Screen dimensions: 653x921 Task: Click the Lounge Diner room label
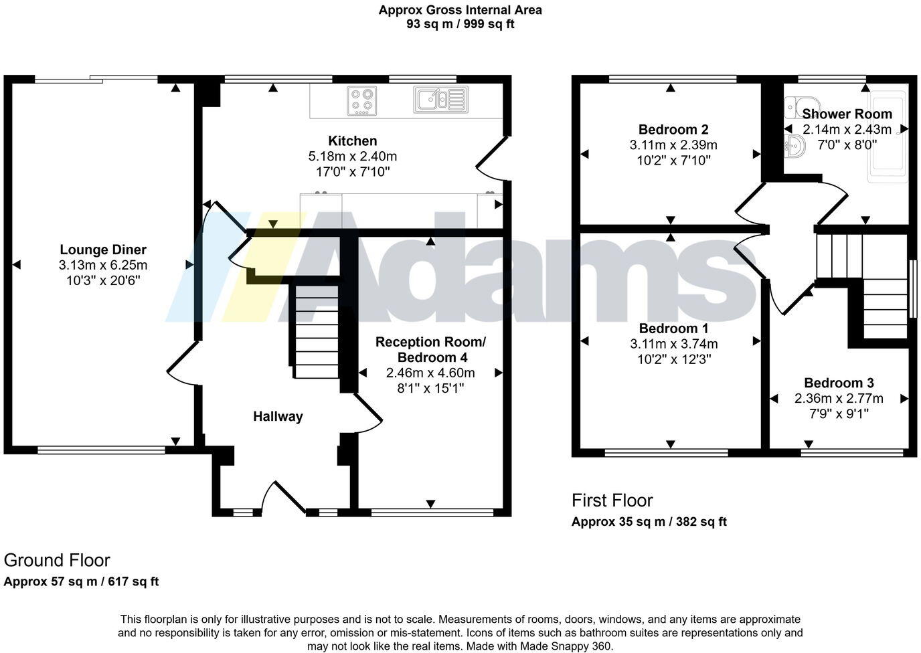(103, 250)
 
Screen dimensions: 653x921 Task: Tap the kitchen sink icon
(440, 99)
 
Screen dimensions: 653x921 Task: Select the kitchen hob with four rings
(361, 100)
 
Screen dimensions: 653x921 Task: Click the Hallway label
(278, 416)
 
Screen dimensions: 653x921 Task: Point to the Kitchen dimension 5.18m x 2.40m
(353, 157)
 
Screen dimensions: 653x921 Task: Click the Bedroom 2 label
(673, 129)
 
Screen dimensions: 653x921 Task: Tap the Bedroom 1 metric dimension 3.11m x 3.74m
(673, 344)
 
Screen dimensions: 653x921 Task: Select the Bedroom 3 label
(839, 383)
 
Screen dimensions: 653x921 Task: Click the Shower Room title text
(847, 114)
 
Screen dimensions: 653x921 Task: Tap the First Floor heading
(612, 500)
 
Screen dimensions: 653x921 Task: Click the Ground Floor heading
(57, 560)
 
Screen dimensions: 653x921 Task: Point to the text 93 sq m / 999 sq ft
(460, 24)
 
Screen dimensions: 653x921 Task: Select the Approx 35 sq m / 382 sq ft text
(649, 522)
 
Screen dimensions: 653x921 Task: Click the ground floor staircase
(317, 333)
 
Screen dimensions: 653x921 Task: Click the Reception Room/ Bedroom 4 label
(430, 349)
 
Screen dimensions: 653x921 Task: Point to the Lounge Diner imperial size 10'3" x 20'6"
(103, 280)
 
